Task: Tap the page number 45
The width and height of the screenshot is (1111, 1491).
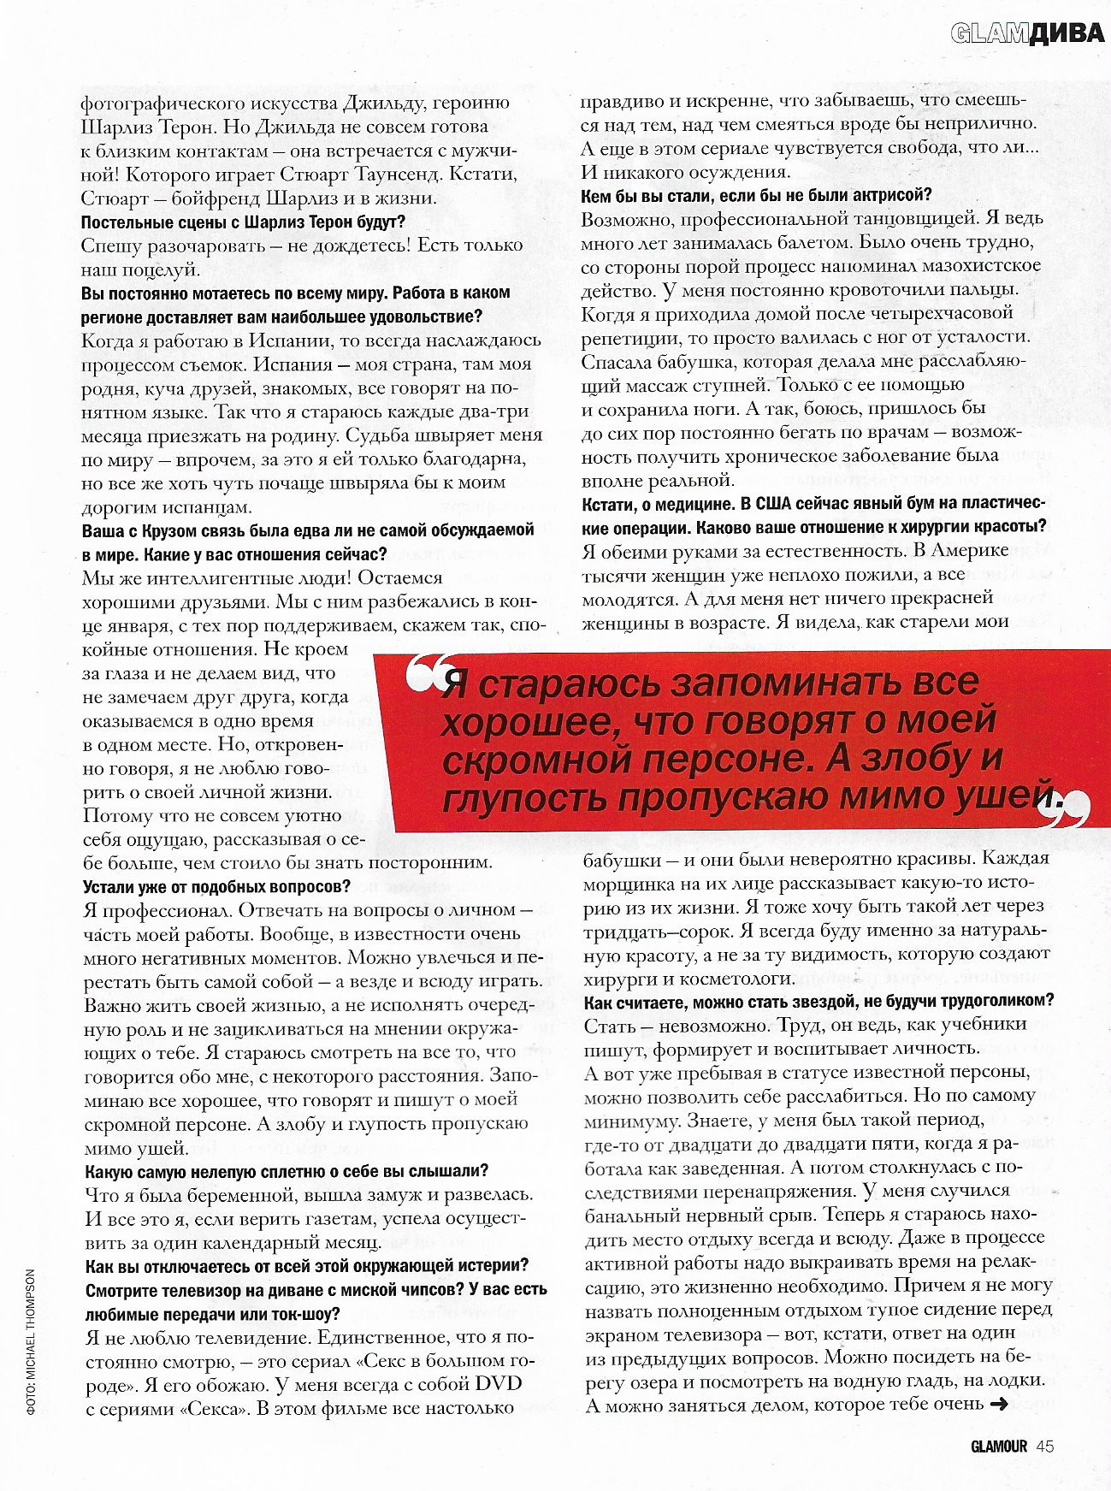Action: (1044, 1447)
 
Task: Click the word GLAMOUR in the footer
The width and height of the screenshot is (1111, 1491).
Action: (998, 1447)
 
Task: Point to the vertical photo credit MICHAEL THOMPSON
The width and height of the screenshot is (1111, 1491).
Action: (30, 1342)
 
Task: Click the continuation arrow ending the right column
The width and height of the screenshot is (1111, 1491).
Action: (997, 1404)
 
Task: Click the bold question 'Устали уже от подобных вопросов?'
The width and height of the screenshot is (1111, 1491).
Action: (216, 886)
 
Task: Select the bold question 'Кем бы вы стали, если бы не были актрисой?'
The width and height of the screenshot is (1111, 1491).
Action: (756, 196)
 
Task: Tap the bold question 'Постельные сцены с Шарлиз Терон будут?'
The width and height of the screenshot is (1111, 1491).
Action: (243, 222)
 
